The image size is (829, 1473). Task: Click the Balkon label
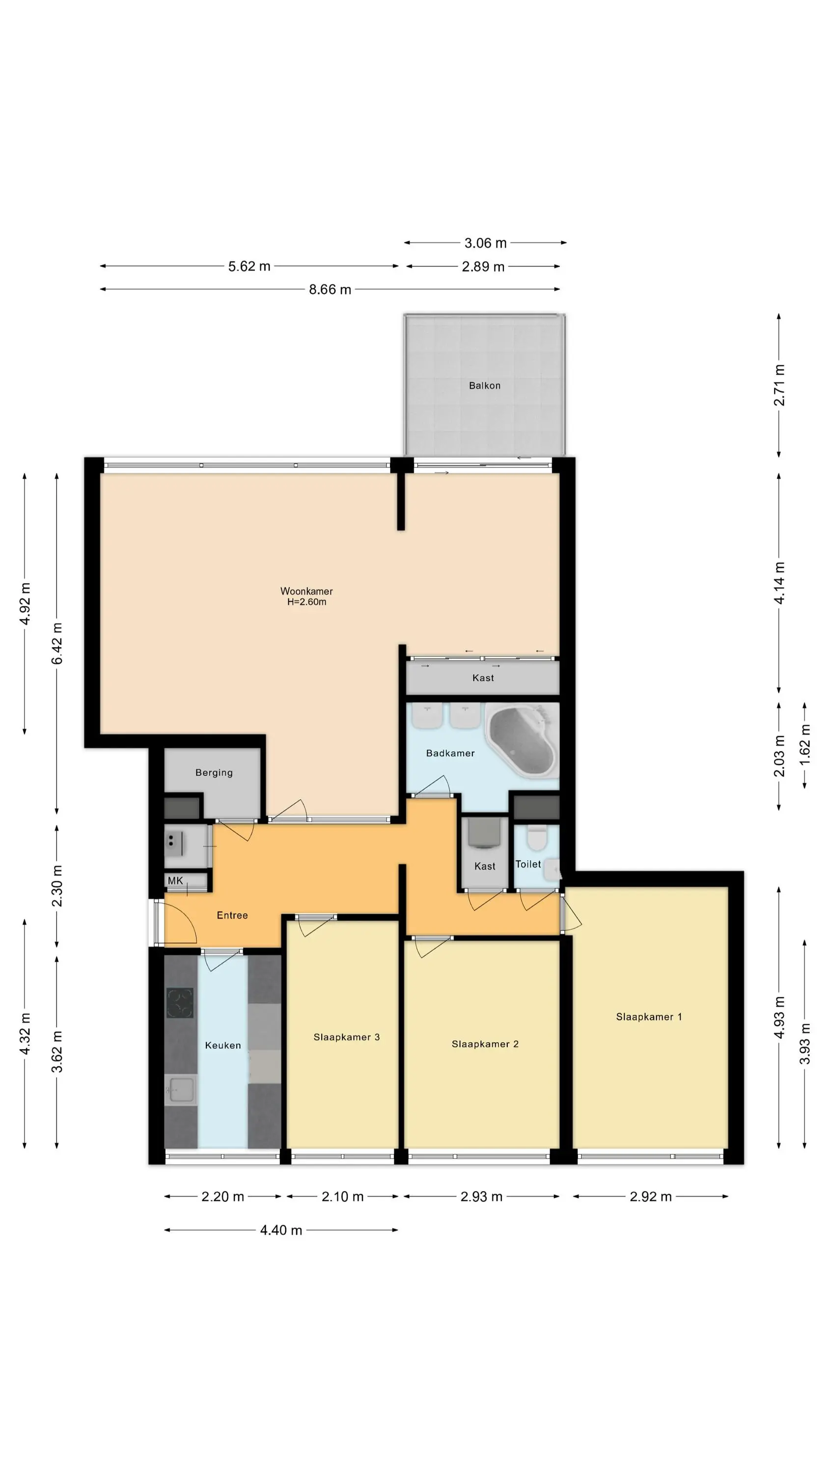point(484,386)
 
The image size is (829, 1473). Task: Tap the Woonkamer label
point(306,591)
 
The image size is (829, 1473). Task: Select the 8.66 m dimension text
point(330,289)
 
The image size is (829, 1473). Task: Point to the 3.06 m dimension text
point(485,243)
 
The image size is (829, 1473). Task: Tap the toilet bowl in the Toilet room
point(537,838)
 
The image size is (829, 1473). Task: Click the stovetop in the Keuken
point(180,1003)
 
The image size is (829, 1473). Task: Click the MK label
point(175,880)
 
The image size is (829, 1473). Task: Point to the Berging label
point(214,772)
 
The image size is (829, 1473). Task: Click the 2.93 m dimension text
point(481,1197)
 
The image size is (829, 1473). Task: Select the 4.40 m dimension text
point(281,1230)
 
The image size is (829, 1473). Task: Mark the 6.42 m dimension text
point(57,644)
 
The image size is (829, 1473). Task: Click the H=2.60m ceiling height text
point(306,602)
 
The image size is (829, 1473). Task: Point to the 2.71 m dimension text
point(779,385)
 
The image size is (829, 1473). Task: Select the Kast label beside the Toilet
point(485,866)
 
